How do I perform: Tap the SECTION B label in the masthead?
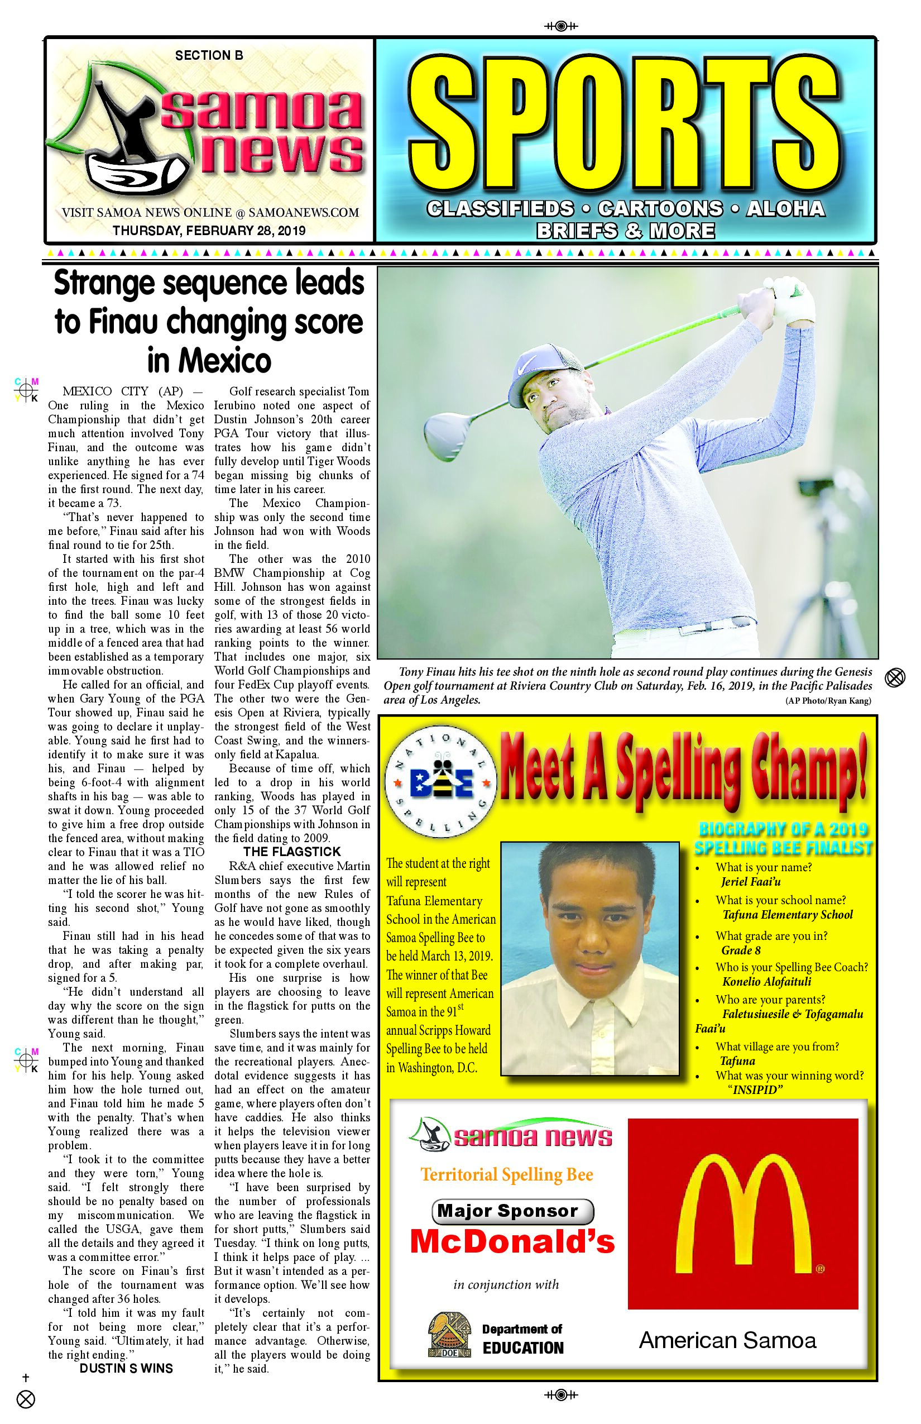tap(209, 56)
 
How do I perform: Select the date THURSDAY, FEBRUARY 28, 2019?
tap(209, 230)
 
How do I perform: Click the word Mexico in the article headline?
tap(209, 361)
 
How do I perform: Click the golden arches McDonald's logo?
tap(743, 1215)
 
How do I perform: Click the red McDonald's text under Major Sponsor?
tap(512, 1241)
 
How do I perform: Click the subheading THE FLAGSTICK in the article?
tap(292, 852)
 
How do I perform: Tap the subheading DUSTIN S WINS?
tap(126, 1368)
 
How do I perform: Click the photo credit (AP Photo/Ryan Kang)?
tap(828, 701)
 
